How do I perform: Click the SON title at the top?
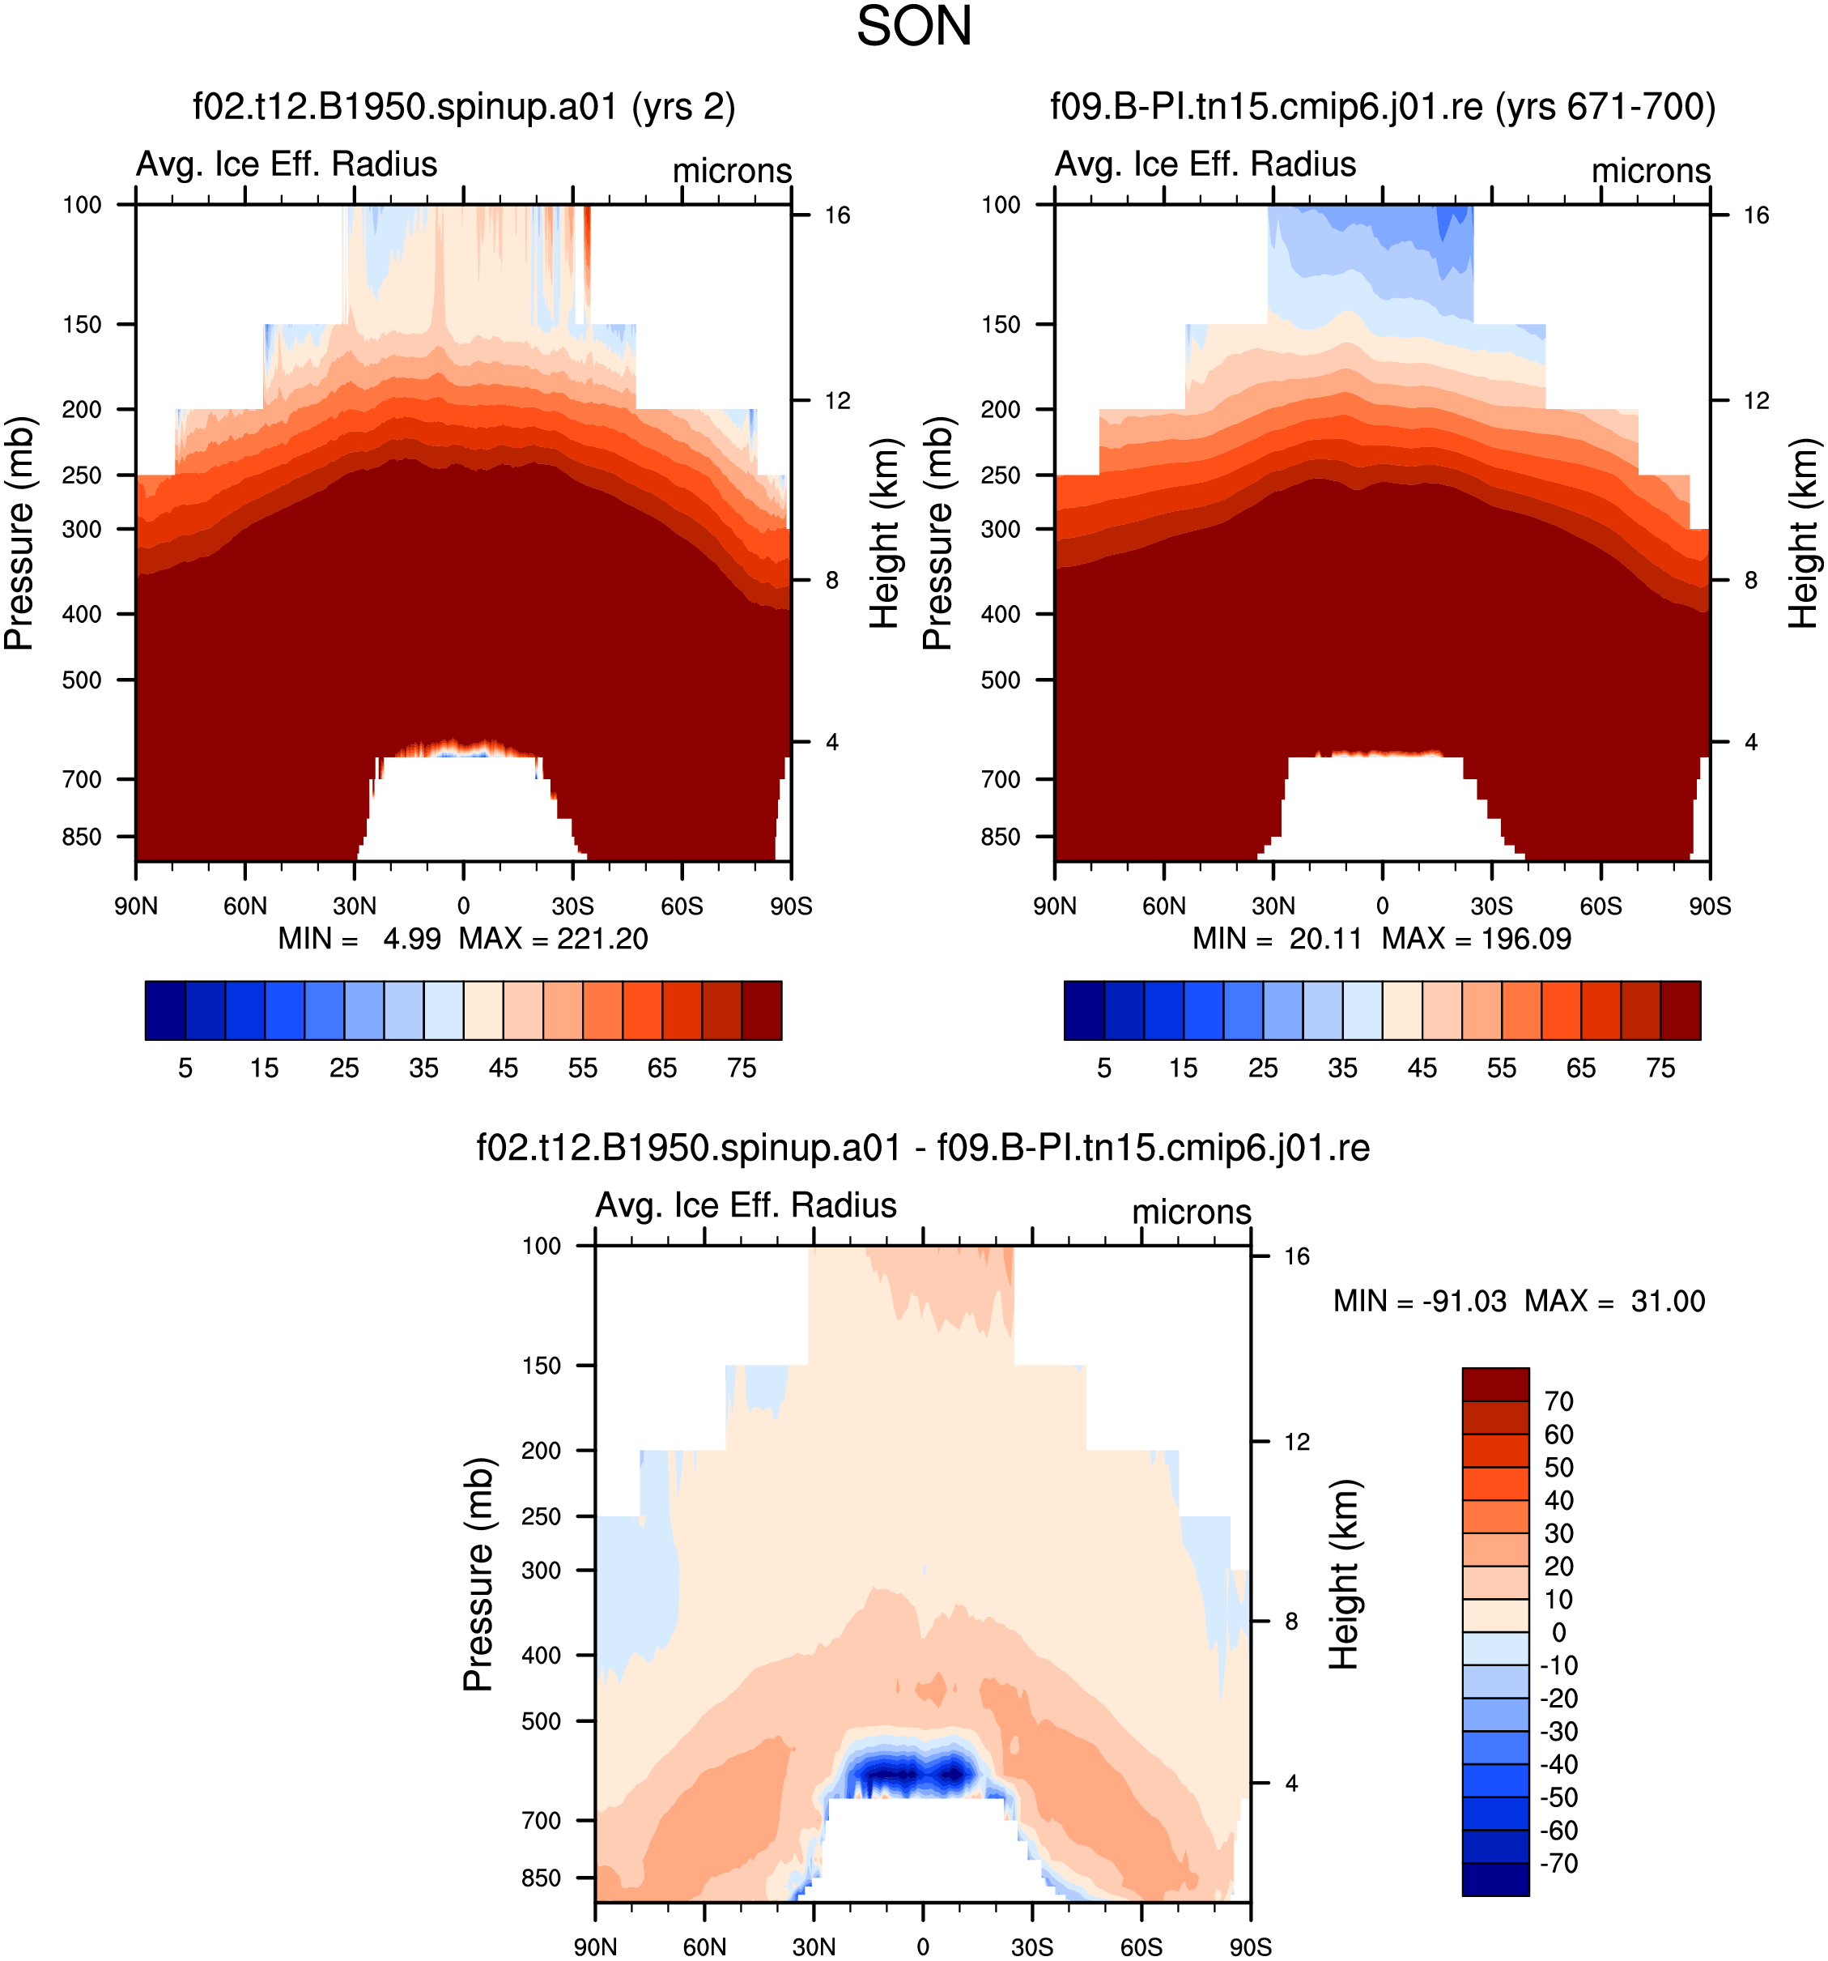tap(914, 27)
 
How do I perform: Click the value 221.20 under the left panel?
tap(602, 938)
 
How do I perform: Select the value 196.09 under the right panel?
tap(1525, 938)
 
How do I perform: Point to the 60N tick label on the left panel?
tap(244, 906)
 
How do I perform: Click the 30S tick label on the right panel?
tap(1492, 906)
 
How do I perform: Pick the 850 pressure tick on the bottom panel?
tap(542, 1878)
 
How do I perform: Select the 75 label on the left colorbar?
tap(742, 1068)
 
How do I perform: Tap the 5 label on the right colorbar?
tap(1104, 1068)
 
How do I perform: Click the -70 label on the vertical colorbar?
tap(1559, 1863)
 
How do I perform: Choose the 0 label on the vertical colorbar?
tap(1559, 1632)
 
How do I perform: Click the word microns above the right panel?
tap(1651, 171)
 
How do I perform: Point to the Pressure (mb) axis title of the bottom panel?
tap(478, 1575)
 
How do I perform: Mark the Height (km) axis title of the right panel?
tap(1804, 534)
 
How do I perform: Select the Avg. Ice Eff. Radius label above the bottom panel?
tap(746, 1205)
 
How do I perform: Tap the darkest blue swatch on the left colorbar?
tap(164, 1010)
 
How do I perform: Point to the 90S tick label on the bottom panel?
tap(1250, 1947)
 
